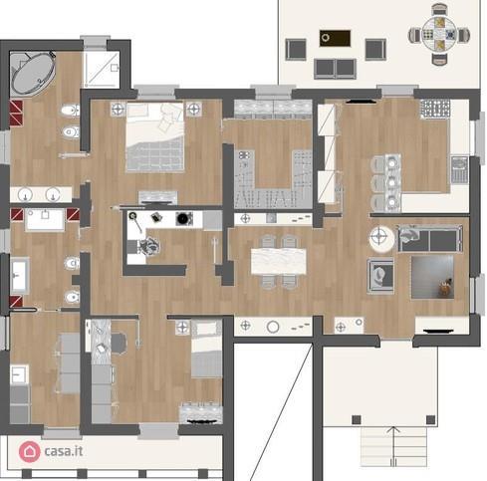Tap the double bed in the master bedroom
click(154, 144)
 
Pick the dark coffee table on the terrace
click(332, 39)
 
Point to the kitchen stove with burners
click(435, 109)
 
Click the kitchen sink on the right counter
click(459, 170)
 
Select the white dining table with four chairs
click(277, 260)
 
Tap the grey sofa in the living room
click(429, 238)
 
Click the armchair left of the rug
click(380, 273)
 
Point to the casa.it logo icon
click(30, 452)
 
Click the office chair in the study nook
click(116, 342)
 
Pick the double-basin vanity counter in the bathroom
click(42, 195)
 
